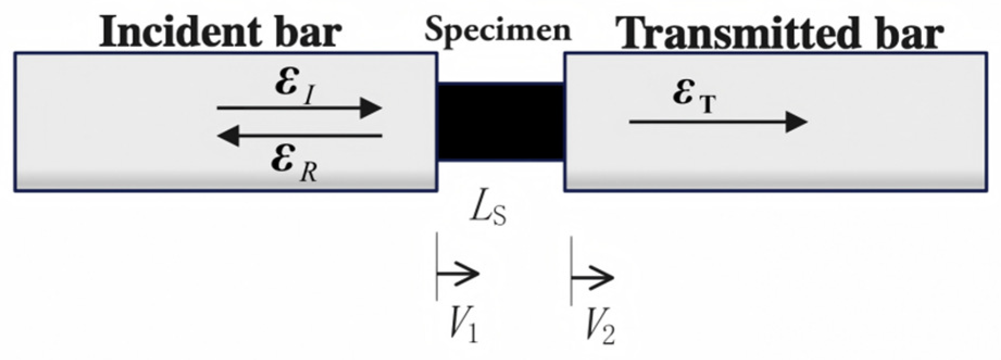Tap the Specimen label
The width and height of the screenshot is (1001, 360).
(498, 30)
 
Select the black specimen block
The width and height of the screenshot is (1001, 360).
(501, 122)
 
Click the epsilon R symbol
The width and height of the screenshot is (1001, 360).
(294, 163)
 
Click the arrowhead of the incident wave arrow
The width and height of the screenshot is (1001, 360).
(372, 108)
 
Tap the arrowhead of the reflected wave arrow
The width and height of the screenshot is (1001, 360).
(228, 135)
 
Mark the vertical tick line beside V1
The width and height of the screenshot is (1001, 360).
(437, 266)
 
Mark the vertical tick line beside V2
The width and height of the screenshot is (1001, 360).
(571, 270)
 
